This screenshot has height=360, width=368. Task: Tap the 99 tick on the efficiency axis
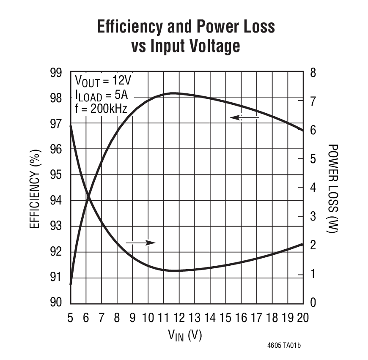pos(56,73)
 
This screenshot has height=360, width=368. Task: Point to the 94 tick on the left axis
pos(56,200)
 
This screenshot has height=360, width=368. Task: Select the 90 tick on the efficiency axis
pos(56,303)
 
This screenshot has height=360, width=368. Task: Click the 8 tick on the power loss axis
pos(313,73)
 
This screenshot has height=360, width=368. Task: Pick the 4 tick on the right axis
pos(313,188)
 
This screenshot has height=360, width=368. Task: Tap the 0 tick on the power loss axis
pos(313,303)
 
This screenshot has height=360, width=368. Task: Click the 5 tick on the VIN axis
pos(70,318)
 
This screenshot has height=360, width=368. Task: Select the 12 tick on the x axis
pos(179,318)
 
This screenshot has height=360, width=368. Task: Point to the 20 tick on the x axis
pos(302,318)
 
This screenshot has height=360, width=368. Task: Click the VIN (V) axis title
pos(185,335)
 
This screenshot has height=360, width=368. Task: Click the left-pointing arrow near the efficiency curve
pos(244,117)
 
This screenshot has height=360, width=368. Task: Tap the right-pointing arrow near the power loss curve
pos(141,243)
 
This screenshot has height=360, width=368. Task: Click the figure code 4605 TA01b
pos(284,346)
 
